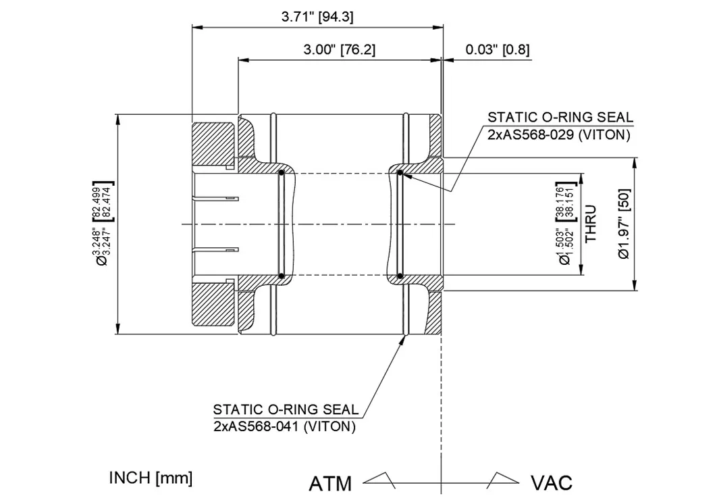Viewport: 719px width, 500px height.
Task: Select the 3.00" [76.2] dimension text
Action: [339, 49]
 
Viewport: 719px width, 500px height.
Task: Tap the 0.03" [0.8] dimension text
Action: [498, 49]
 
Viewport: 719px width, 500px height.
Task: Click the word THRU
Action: [591, 224]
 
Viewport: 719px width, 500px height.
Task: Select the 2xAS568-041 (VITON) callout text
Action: [284, 426]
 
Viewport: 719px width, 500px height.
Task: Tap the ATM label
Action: [330, 484]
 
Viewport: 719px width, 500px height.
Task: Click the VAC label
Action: [552, 484]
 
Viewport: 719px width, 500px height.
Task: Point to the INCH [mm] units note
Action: [151, 478]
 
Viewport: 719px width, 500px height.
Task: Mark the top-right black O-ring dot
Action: [400, 174]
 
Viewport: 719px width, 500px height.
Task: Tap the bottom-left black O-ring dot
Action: [281, 276]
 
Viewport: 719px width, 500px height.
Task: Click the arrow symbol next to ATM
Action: [380, 479]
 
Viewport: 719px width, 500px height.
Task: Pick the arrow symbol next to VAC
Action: [503, 479]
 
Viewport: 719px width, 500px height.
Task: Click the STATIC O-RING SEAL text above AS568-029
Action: [560, 118]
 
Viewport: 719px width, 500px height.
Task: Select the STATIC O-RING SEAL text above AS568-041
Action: [286, 409]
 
